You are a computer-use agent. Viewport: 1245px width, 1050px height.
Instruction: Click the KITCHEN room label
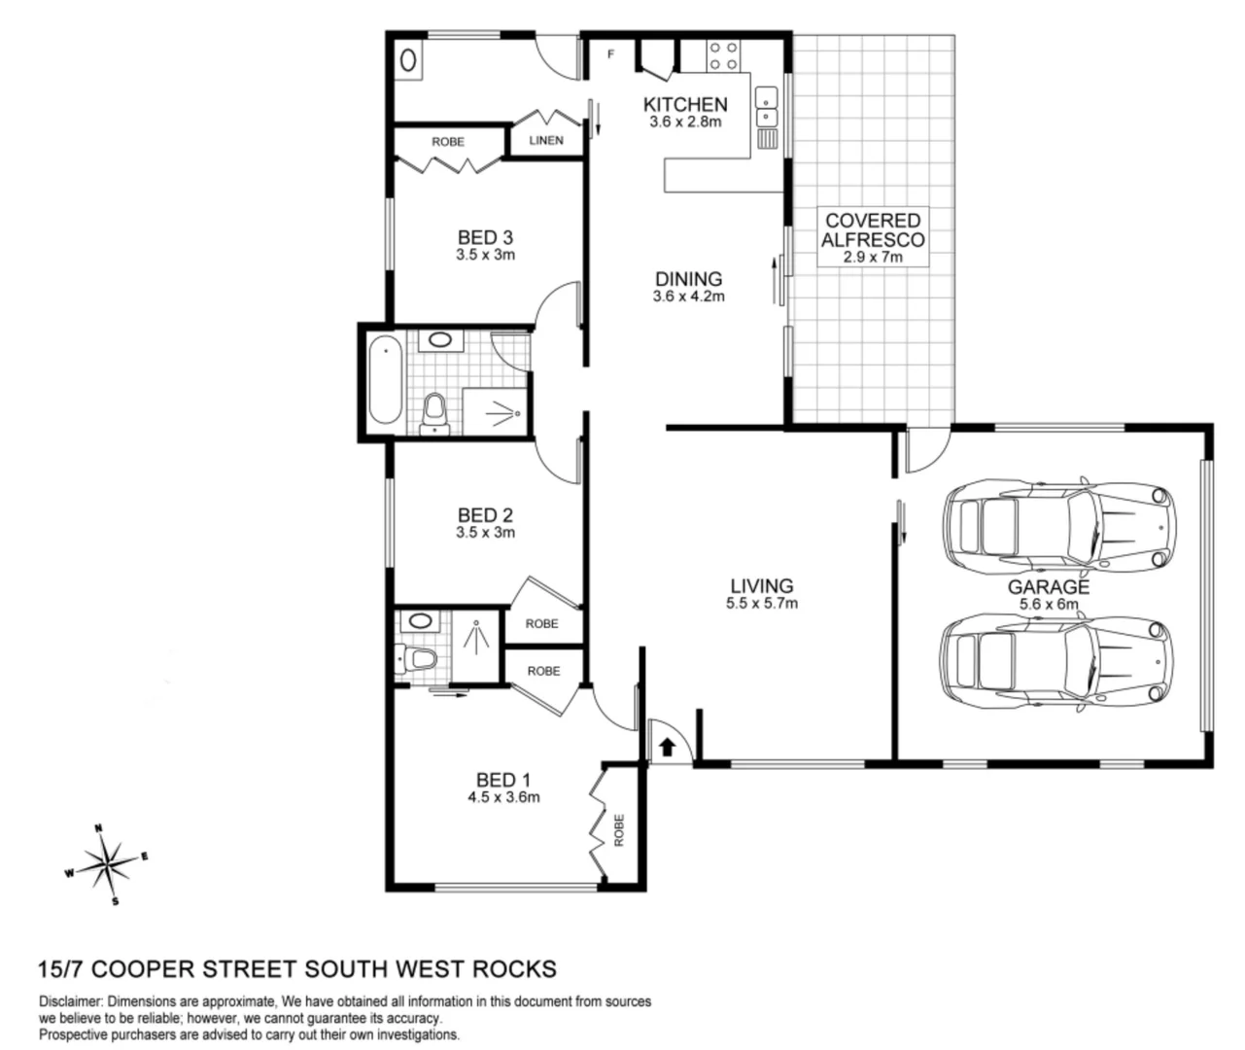click(x=685, y=105)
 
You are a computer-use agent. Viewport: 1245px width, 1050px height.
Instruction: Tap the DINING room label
click(x=689, y=279)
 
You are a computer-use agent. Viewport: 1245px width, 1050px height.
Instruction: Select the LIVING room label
click(x=762, y=586)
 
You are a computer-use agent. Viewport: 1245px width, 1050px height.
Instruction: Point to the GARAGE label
click(x=1049, y=587)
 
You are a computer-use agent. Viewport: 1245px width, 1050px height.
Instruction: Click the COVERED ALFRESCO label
click(x=873, y=230)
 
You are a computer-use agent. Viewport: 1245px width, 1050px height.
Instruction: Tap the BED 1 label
click(x=503, y=780)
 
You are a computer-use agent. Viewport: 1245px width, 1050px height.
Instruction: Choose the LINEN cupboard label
click(x=546, y=141)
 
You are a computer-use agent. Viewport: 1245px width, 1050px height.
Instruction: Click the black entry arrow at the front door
click(x=668, y=747)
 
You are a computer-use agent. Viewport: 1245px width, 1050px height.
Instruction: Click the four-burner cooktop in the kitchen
click(x=723, y=55)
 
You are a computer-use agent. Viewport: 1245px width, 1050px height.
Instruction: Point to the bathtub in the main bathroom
click(x=386, y=379)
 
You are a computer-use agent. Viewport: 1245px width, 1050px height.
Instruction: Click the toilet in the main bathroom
click(x=434, y=414)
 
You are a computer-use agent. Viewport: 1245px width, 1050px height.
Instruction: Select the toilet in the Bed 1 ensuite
click(x=416, y=660)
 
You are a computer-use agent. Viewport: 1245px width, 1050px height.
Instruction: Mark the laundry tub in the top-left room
click(x=408, y=59)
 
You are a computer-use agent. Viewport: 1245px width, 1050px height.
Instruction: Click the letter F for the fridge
click(x=610, y=54)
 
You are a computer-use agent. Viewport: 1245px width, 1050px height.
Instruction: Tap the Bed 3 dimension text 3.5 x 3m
click(x=485, y=256)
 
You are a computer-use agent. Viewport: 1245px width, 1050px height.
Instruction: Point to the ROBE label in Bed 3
click(x=448, y=142)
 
